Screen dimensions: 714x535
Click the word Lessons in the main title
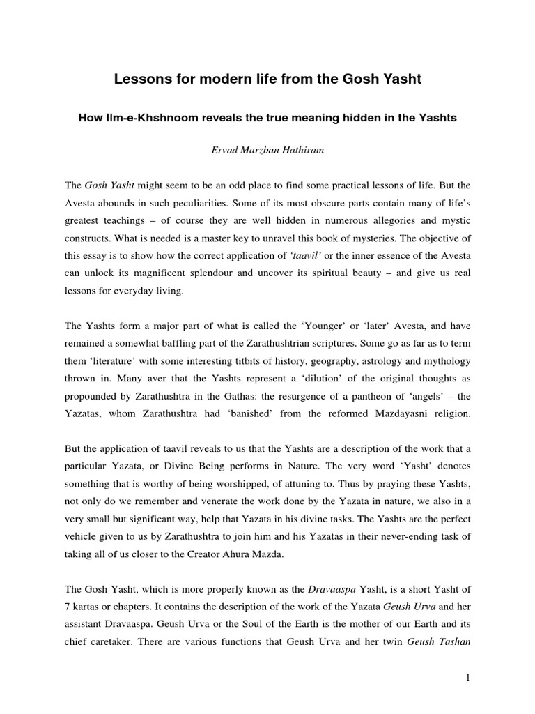[x=139, y=80]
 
